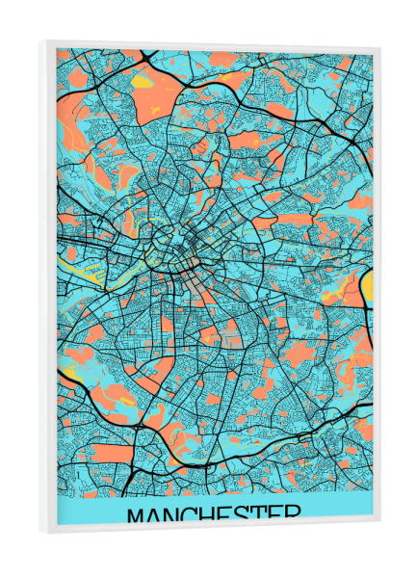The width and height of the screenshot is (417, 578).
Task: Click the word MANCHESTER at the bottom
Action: pos(213,514)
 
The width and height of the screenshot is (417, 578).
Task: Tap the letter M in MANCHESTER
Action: pos(139,515)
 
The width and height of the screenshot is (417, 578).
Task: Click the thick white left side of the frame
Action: pos(47,289)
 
